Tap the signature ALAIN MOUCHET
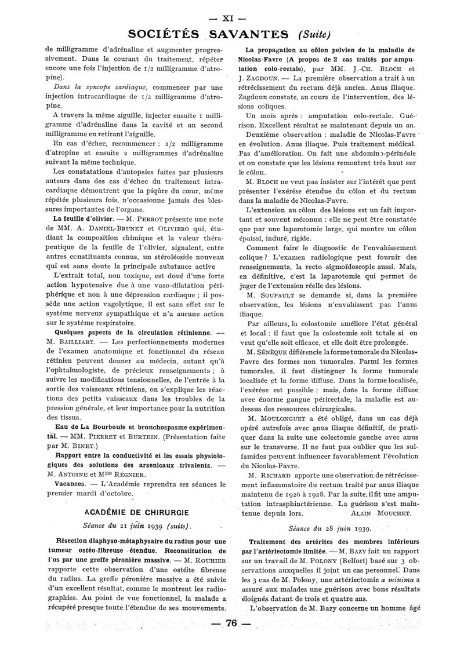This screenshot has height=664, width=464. coord(384,513)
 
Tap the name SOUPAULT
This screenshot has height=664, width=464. coord(278,294)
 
